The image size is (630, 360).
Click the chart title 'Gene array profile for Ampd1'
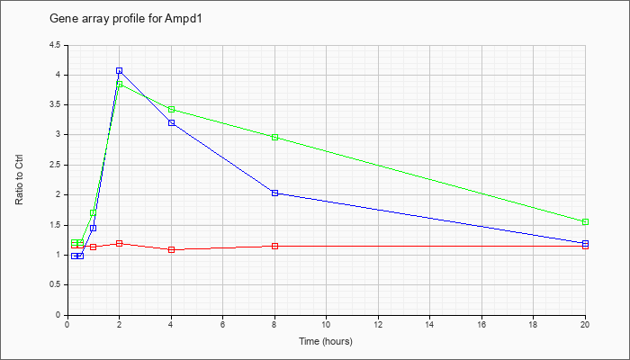coord(125,19)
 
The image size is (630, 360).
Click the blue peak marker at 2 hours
coord(120,70)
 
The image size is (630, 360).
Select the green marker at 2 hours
coord(120,84)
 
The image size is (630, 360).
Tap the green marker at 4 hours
coord(172,109)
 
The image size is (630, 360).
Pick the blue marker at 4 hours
coord(172,122)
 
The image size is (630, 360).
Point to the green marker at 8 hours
coord(274,137)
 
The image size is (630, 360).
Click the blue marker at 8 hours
coord(274,193)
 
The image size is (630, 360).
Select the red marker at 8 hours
coord(274,246)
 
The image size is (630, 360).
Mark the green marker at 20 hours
coord(585,221)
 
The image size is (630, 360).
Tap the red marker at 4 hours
coord(172,249)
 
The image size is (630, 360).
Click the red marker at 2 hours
coord(120,244)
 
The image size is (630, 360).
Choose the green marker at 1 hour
coord(94,213)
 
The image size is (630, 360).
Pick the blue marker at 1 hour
coord(94,229)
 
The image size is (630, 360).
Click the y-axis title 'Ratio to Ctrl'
coord(19,179)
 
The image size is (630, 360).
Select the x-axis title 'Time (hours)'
coord(326,341)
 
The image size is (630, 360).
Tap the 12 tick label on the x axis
coord(378,324)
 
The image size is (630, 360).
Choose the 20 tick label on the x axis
coord(585,324)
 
